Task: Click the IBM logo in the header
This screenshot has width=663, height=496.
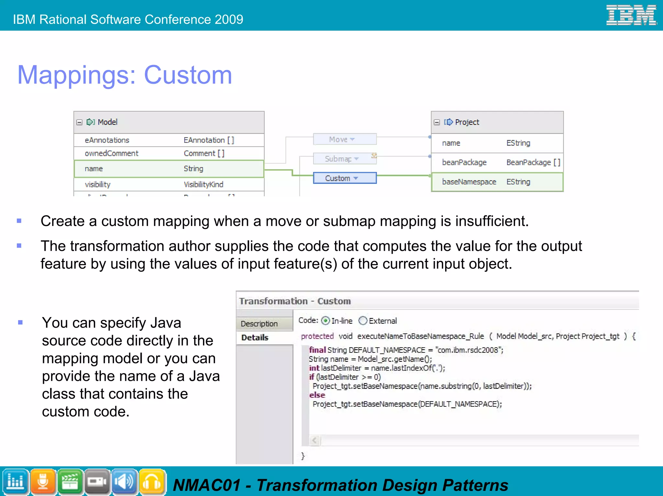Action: (631, 15)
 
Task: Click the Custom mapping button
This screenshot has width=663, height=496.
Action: (344, 178)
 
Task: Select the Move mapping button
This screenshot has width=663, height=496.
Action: (344, 139)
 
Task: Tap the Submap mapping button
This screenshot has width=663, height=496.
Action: (344, 159)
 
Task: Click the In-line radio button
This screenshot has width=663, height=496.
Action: (325, 321)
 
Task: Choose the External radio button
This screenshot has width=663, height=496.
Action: (363, 321)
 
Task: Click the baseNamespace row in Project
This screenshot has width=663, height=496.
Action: (497, 182)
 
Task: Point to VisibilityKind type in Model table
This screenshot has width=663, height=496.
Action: (203, 185)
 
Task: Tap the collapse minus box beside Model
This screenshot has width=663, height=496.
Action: (79, 122)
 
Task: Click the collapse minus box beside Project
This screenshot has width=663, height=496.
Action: (437, 122)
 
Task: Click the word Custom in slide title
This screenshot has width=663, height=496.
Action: (188, 75)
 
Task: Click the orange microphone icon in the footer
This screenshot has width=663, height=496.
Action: (43, 482)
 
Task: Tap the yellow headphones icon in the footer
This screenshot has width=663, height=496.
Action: (152, 482)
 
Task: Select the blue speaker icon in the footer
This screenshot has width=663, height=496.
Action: (125, 482)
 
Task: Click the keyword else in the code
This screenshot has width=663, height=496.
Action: (317, 395)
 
